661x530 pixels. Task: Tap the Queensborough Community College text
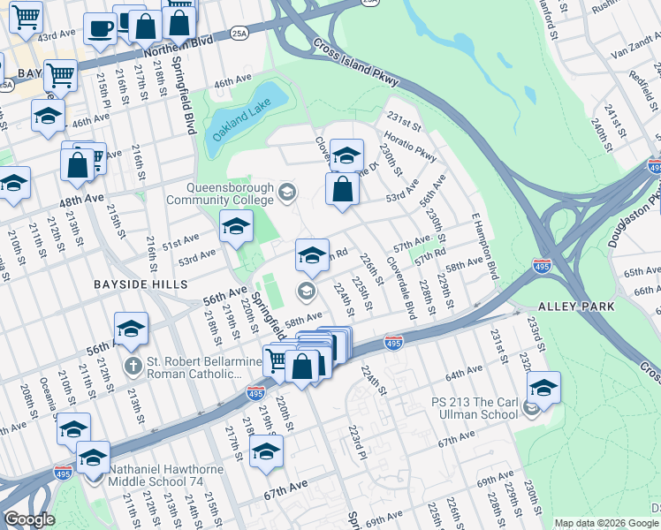click(x=232, y=193)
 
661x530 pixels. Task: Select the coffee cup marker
click(x=100, y=30)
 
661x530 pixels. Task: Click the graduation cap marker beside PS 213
click(x=543, y=389)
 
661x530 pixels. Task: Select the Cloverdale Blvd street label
click(x=402, y=289)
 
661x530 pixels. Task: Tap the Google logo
click(x=29, y=519)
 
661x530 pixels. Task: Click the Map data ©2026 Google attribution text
click(x=606, y=523)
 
